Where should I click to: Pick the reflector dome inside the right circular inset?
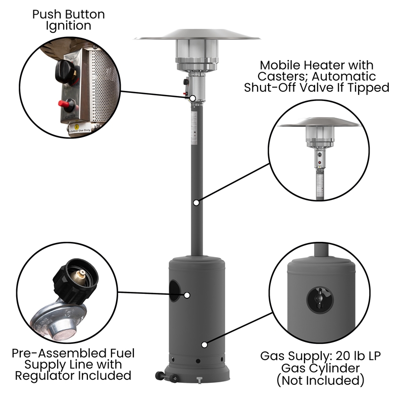pyautogui.click(x=320, y=123)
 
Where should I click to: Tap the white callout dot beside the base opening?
pyautogui.click(x=187, y=294)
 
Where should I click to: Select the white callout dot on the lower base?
pyautogui.click(x=204, y=344)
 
